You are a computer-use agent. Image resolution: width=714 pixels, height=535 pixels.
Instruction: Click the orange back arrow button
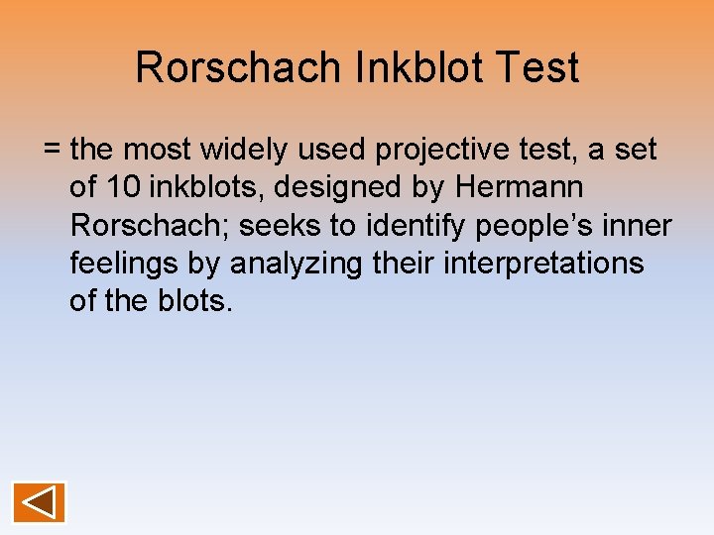tap(39, 501)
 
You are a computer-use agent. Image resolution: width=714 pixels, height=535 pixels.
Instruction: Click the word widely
tap(241, 150)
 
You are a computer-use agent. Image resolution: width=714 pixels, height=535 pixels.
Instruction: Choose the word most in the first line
tap(157, 150)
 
